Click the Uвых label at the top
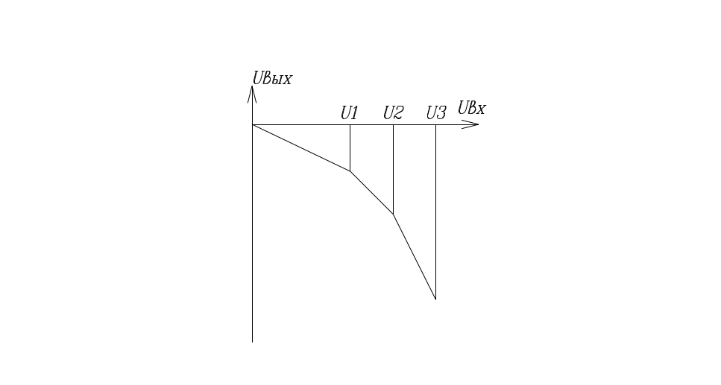[x=271, y=77]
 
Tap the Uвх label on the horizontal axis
[x=472, y=109]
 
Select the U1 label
[x=350, y=113]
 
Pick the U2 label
[x=393, y=113]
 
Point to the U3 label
[x=436, y=113]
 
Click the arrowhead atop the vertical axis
[x=253, y=93]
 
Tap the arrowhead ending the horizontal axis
[x=471, y=124]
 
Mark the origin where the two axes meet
[x=253, y=124]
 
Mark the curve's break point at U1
[x=350, y=171]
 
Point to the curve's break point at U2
[x=393, y=214]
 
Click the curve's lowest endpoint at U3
[x=435, y=299]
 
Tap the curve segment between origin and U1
[x=301, y=147]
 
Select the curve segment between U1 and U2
[x=371, y=192]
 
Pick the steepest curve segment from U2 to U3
[x=415, y=258]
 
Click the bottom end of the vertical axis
[x=253, y=342]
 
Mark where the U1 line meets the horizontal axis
[x=350, y=124]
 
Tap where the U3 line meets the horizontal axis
[x=435, y=124]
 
